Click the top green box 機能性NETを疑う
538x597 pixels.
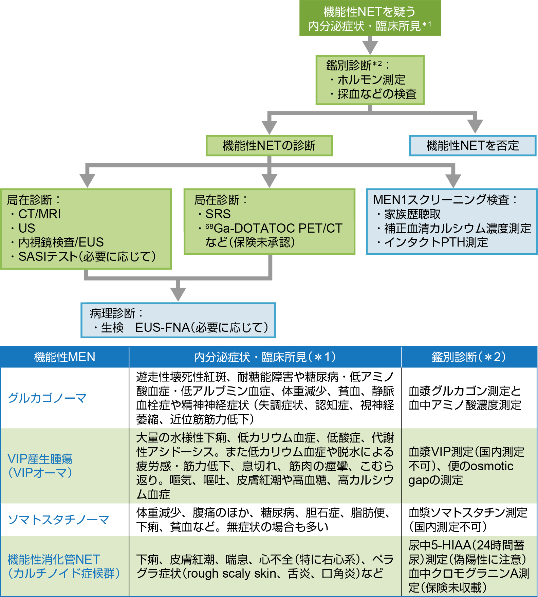click(370, 18)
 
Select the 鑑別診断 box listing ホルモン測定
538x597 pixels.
click(370, 80)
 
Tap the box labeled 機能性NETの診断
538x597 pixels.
click(269, 146)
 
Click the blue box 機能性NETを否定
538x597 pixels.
click(472, 146)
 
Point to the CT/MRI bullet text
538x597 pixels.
click(39, 214)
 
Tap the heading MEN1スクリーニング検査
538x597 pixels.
click(441, 200)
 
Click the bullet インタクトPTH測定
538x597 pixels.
click(436, 242)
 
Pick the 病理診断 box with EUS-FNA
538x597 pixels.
click(178, 320)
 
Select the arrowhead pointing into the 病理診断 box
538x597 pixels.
click(178, 294)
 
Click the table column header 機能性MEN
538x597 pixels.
click(64, 357)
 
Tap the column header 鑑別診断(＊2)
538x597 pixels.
click(469, 357)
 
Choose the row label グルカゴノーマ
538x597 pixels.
click(47, 398)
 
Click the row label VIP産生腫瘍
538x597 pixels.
click(40, 459)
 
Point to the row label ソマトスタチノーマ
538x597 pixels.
click(58, 520)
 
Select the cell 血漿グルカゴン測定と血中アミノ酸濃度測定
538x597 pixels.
click(465, 398)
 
